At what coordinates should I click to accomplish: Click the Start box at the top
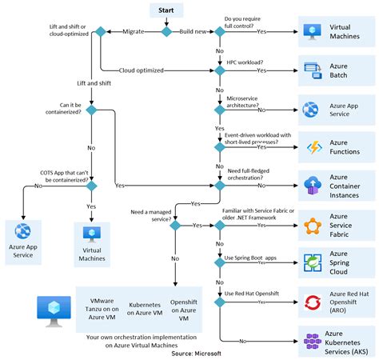pos(166,10)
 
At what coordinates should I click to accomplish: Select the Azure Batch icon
pos(311,69)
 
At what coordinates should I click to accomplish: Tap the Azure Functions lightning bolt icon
pos(311,147)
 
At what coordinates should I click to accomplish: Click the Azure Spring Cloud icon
pos(311,264)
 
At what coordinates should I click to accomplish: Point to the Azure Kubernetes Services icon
pos(311,341)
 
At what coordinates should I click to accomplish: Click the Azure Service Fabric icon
pos(311,226)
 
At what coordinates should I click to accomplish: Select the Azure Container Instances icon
pos(311,187)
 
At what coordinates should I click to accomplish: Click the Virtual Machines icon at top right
pos(311,32)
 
